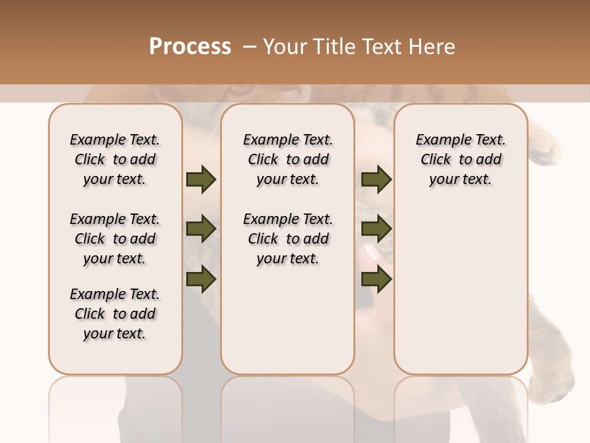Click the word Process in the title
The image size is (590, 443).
click(190, 47)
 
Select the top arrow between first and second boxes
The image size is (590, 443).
click(201, 179)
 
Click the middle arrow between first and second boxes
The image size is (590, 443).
click(201, 229)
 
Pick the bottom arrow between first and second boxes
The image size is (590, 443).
click(201, 279)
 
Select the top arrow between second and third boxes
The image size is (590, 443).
click(376, 179)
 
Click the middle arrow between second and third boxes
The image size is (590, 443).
click(376, 229)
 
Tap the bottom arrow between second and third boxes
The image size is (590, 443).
click(376, 279)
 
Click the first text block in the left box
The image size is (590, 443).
click(115, 159)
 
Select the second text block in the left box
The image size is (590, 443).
click(115, 239)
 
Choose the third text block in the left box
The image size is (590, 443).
click(115, 314)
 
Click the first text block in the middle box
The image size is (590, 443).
click(288, 159)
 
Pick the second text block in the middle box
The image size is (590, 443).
click(288, 239)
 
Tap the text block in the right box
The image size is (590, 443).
click(461, 159)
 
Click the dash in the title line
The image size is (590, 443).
click(250, 47)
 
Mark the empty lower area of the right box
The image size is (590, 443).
click(461, 289)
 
